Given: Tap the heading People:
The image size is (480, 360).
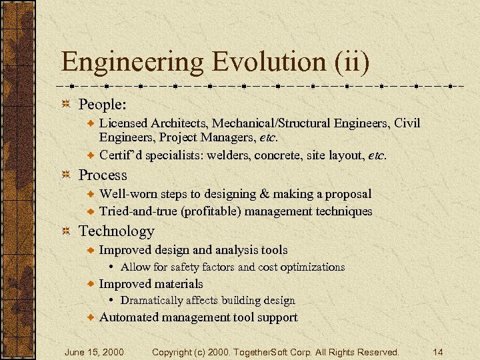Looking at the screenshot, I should [x=103, y=105].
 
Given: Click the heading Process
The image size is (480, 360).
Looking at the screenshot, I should [x=103, y=175].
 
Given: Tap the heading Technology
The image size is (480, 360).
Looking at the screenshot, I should [x=117, y=231].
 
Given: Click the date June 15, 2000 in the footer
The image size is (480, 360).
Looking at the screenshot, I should [x=94, y=351].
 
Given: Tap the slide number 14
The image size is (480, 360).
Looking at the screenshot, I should [x=437, y=351].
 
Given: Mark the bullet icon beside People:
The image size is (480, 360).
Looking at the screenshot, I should [x=67, y=105].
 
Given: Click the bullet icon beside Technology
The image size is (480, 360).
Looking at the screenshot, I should [x=67, y=231].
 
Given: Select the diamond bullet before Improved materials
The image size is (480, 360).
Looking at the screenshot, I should [x=92, y=284].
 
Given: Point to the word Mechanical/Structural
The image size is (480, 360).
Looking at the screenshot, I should [x=264, y=123].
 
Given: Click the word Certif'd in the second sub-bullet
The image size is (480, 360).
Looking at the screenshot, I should [x=120, y=155].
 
